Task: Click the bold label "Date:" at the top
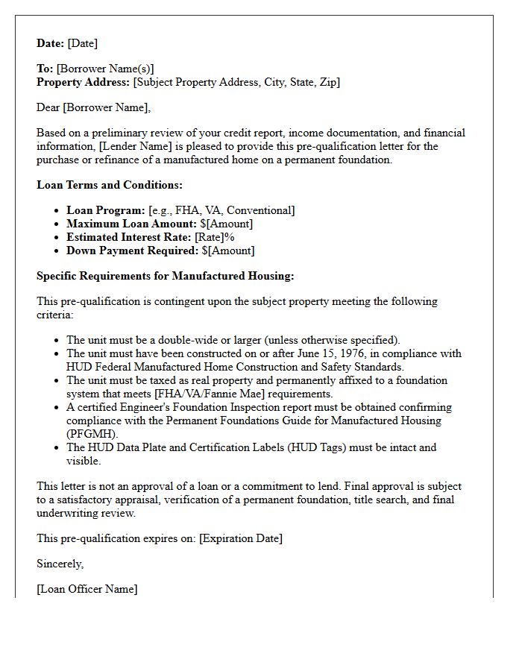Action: pos(51,43)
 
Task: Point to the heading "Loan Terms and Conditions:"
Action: pos(110,185)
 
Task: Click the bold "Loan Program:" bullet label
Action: pos(106,210)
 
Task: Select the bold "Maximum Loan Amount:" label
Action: pos(132,224)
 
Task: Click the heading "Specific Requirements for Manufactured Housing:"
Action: pos(166,276)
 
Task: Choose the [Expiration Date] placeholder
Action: pos(241,538)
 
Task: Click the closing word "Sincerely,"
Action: pos(60,564)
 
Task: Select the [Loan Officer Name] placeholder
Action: pos(87,589)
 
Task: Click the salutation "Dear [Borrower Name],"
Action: pos(94,107)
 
